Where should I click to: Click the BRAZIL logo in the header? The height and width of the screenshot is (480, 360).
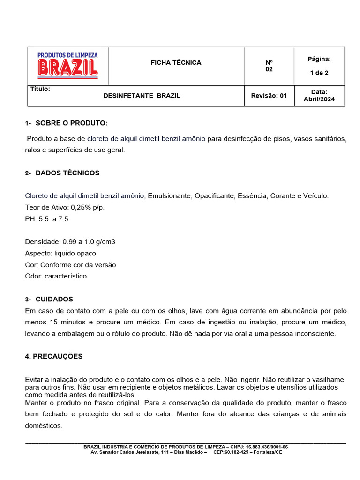[67, 66]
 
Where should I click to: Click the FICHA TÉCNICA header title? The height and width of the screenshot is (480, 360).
[176, 62]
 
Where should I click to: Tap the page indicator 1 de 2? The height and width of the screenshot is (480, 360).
[319, 73]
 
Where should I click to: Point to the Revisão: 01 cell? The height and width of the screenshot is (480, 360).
[269, 96]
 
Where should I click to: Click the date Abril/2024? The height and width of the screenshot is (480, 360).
[319, 99]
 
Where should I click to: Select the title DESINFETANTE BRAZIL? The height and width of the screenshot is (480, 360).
[142, 96]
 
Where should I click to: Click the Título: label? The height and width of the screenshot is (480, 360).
[40, 89]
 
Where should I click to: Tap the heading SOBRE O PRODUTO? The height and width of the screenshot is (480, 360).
[71, 123]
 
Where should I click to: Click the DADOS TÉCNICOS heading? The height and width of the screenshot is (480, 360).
[67, 173]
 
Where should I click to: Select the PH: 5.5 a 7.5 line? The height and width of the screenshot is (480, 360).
[46, 219]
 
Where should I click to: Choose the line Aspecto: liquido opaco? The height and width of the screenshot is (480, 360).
[60, 253]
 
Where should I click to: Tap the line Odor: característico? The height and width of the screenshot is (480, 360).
[56, 276]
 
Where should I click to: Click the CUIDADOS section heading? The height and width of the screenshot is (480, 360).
[54, 299]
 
